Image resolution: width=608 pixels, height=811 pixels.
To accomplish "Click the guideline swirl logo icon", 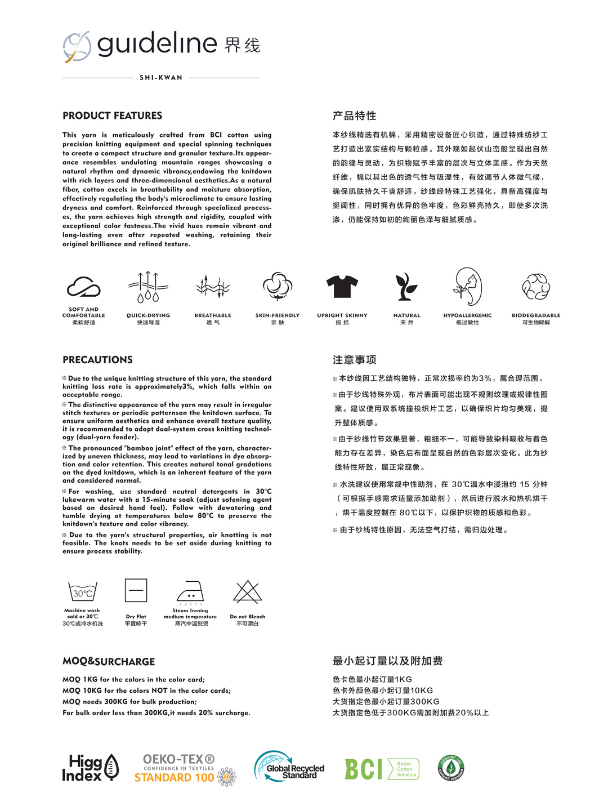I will (x=77, y=46).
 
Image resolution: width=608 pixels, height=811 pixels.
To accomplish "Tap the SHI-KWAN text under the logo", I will (x=161, y=78).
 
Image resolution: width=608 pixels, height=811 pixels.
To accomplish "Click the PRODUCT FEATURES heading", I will (x=113, y=115).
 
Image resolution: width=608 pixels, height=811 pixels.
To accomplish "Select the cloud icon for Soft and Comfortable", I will (x=84, y=287).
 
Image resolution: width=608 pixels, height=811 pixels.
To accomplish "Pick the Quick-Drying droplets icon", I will (x=148, y=287).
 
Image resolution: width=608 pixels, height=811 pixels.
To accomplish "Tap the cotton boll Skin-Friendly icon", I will (x=278, y=286).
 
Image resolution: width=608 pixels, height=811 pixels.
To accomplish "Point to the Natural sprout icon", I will (x=406, y=287).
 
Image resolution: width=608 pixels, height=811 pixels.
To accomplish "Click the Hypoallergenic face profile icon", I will (x=468, y=286).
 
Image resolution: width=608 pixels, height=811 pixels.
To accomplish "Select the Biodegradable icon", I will (x=535, y=287).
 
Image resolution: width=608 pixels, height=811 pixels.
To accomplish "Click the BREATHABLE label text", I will (x=213, y=315).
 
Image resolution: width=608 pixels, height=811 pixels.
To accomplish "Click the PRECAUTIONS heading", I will (x=97, y=360).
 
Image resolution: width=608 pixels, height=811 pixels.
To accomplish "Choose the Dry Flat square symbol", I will (x=136, y=591).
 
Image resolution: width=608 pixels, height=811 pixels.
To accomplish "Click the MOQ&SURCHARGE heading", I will (x=109, y=662).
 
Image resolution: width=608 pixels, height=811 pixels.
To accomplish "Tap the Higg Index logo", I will (x=91, y=768).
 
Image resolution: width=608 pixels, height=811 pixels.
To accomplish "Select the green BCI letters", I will (x=363, y=769).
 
